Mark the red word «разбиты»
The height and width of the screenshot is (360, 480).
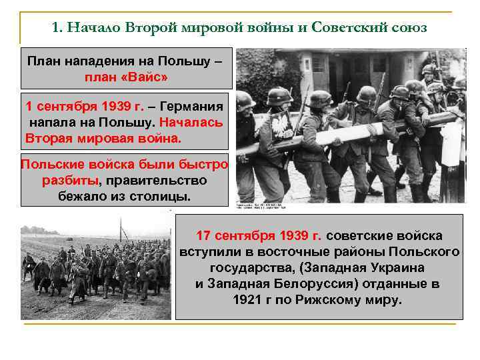point(69,181)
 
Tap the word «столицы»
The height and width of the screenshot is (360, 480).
point(161,197)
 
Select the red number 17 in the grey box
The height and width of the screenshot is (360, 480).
point(204,237)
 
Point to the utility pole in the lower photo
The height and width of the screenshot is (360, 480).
point(122,233)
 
